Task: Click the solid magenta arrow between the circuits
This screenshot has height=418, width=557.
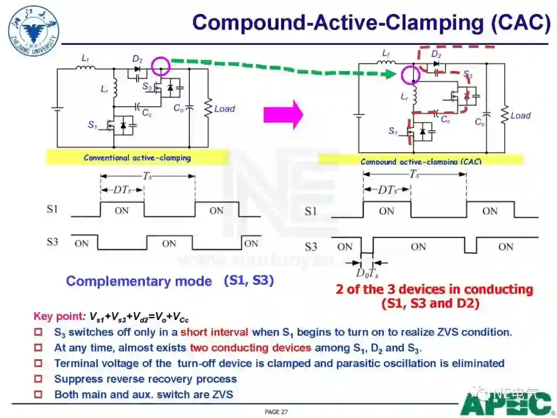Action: point(283,115)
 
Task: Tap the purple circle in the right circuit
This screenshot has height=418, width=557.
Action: point(411,75)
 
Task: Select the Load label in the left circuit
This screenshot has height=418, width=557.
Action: point(224,109)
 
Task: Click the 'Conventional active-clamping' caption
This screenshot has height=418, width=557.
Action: point(137,157)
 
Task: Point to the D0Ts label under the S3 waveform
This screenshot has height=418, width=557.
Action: point(367,274)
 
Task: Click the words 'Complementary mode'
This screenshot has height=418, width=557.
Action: point(139,281)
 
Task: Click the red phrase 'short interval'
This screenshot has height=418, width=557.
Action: point(214,332)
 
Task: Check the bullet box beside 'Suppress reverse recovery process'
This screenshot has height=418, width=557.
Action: point(38,379)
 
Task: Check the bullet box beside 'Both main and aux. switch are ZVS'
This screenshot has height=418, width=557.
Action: point(38,395)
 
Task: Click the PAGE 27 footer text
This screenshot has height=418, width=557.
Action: point(276,412)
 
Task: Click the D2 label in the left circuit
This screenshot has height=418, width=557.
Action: point(137,59)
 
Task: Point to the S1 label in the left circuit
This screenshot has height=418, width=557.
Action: point(93,124)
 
